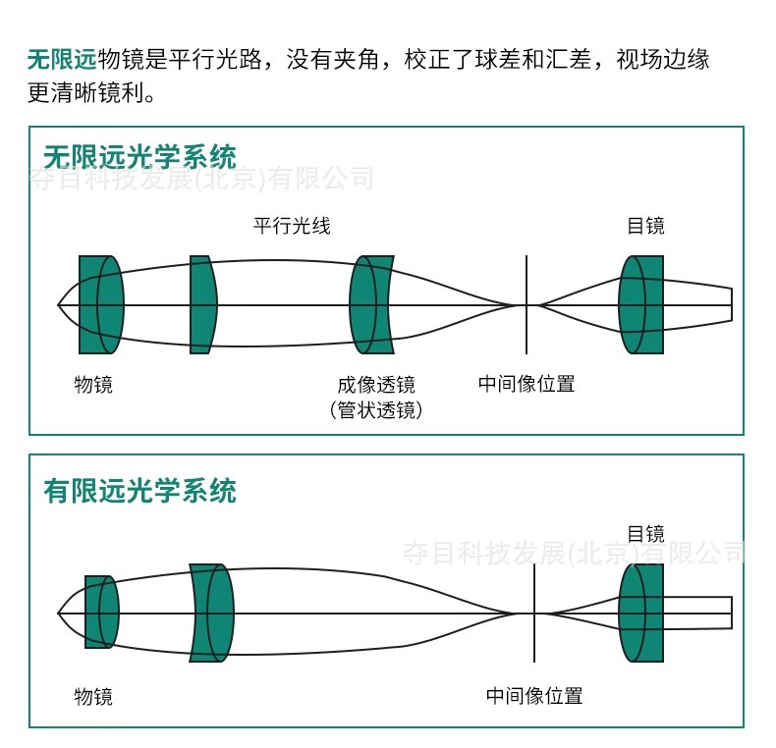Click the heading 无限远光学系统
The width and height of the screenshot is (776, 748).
139,157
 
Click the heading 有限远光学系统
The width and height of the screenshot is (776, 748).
139,490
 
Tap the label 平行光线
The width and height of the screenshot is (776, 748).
292,226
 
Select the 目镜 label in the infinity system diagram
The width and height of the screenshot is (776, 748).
645,226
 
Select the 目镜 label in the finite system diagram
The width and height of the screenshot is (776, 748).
645,534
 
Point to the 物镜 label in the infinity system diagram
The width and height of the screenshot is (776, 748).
93,384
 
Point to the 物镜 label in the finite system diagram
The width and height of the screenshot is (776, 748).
93,697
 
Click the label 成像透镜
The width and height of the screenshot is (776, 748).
375,384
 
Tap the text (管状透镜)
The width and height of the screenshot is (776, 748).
375,410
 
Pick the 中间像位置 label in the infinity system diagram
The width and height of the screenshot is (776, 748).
526,384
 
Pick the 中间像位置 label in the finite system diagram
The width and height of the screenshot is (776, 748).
534,697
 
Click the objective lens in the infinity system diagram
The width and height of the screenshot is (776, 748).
100,304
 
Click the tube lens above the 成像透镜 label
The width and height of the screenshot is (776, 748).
371,304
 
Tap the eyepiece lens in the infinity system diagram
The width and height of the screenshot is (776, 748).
641,304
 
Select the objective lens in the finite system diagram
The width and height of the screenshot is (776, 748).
101,613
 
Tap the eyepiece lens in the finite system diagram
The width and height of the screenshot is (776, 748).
641,613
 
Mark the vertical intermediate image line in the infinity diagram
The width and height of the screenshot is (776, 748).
526,334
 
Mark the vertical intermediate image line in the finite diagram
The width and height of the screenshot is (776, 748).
534,643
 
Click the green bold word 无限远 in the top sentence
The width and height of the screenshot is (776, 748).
62,60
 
